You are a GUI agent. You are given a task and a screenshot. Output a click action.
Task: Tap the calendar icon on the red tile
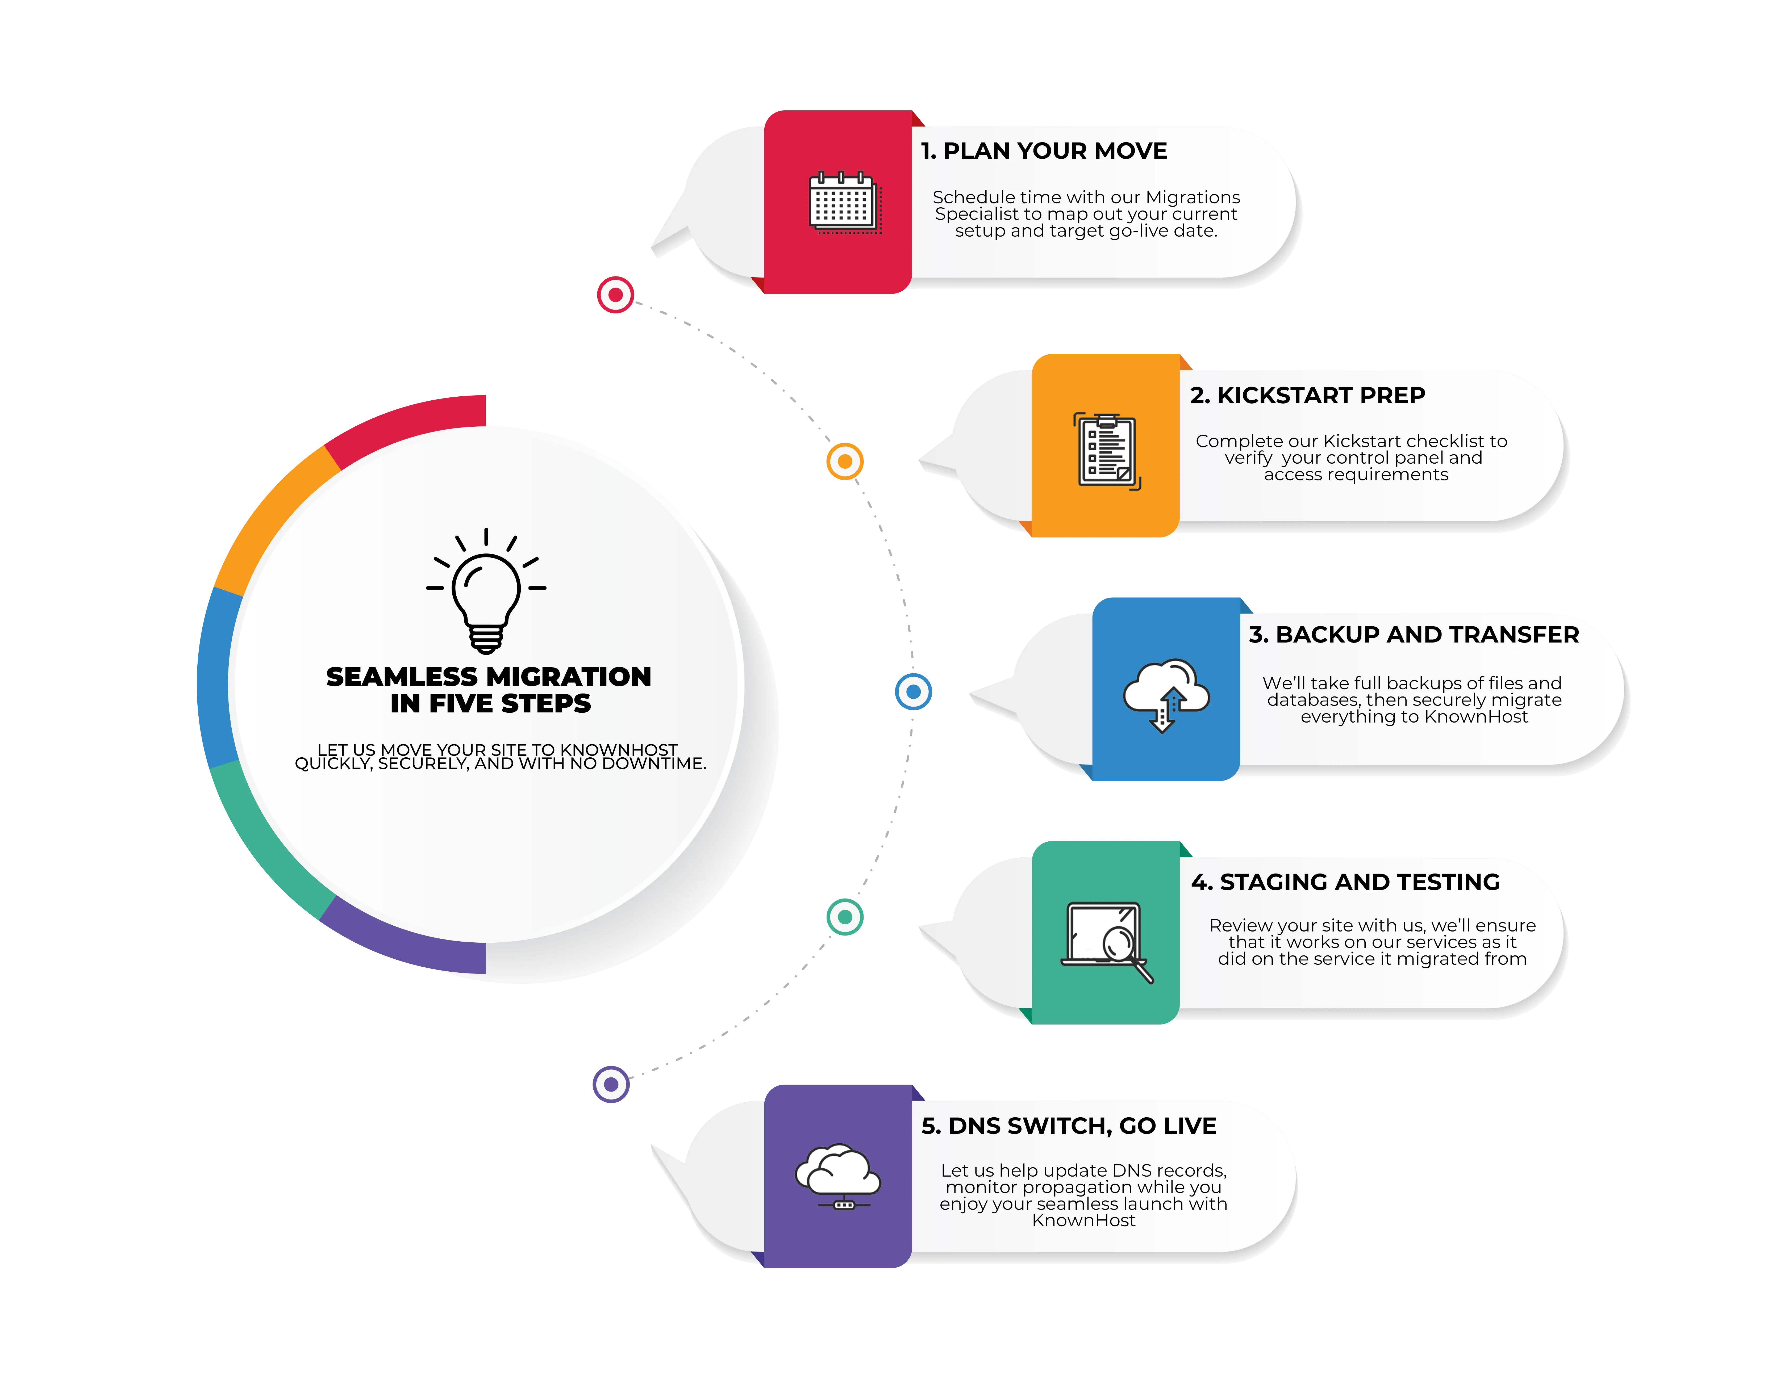843,202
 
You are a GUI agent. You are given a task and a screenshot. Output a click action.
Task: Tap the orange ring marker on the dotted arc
845,462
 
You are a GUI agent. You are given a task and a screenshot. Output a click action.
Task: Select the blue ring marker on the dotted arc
913,692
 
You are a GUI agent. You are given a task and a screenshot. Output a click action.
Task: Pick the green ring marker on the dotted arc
845,917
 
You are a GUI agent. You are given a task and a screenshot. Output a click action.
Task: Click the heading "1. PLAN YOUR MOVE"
1043,151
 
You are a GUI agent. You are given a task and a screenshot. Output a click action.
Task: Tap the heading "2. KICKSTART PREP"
1307,396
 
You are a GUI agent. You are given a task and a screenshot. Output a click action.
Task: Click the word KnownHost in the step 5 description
1083,1221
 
